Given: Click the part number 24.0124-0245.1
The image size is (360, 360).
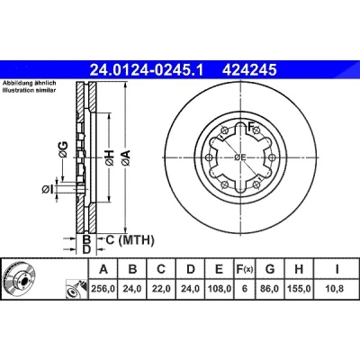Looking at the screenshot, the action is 147,70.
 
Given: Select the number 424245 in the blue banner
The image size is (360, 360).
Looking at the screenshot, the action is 249,70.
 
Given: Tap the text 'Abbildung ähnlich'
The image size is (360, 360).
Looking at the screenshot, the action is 29,83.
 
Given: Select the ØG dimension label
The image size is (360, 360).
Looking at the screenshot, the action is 63,149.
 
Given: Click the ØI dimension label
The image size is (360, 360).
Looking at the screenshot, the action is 48,189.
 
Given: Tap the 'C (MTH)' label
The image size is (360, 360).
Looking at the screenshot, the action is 130,240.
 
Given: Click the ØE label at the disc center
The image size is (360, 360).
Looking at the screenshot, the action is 240,157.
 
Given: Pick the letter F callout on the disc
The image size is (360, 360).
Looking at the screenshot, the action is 251,126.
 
